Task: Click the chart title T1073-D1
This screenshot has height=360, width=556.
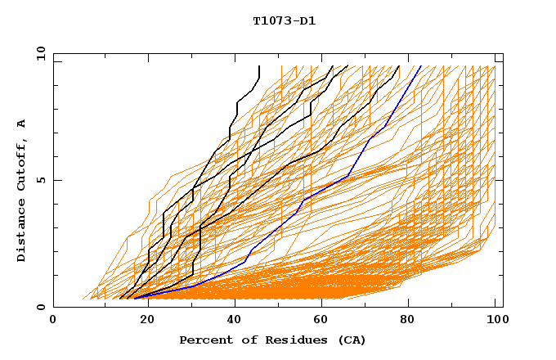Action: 284,20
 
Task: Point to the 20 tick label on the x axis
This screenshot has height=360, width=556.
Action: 142,321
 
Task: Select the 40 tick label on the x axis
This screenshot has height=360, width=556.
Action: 231,321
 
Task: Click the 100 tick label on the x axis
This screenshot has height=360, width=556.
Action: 495,321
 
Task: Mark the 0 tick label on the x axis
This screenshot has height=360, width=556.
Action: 53,321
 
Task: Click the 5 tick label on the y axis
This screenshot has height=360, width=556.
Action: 41,180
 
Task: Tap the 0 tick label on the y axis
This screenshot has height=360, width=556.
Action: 41,307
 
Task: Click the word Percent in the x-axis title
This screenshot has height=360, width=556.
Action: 202,340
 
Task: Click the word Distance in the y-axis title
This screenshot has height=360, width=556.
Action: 22,230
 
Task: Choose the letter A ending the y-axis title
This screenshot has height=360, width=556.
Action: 22,124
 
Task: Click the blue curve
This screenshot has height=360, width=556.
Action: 326,189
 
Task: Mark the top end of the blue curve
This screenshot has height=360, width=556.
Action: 420,66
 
